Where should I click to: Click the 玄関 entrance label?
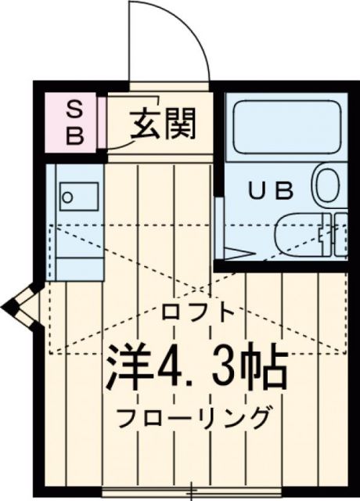162,123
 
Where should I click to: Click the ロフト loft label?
199,312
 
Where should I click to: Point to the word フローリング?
196,417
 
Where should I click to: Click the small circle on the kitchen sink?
68,197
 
